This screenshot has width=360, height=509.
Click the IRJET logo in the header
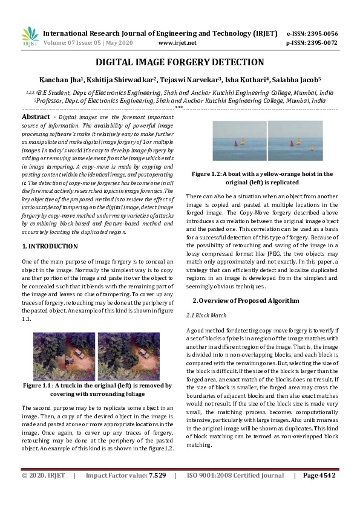tap(30, 37)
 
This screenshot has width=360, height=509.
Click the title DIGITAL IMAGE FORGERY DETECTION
tap(180, 62)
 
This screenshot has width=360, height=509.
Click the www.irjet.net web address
tap(177, 43)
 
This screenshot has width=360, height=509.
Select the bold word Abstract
tap(36, 116)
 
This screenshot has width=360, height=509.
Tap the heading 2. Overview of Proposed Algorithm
tap(246, 300)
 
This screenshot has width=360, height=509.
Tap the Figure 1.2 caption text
tap(262, 177)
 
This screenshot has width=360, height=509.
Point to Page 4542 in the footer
tap(319, 493)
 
